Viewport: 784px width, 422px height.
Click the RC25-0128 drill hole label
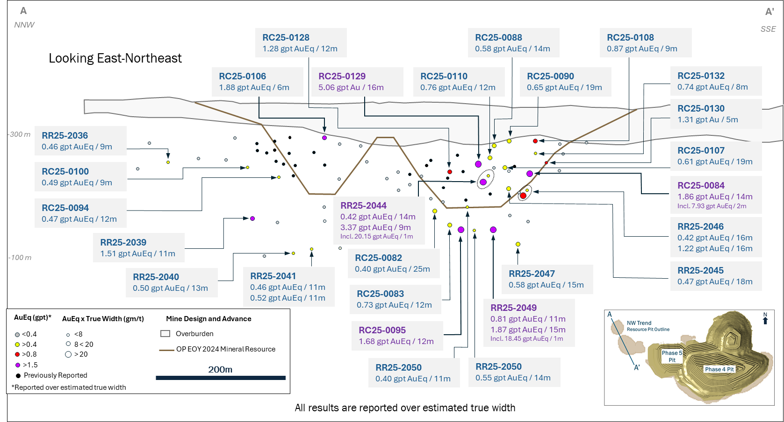click(286, 38)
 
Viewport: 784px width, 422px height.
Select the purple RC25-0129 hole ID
click(342, 77)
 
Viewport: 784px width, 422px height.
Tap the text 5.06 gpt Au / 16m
click(351, 88)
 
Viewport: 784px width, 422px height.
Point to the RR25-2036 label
click(65, 136)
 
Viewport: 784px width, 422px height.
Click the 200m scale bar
click(220, 378)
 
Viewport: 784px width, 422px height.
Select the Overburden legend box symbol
click(165, 334)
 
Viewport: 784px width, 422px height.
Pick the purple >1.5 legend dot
click(18, 365)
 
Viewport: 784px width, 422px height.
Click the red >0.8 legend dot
click(18, 355)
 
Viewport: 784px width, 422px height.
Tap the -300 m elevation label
click(20, 134)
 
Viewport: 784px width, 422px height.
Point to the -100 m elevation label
click(20, 258)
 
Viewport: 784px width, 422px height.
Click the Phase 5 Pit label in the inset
click(672, 356)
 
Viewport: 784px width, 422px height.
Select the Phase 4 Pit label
click(719, 369)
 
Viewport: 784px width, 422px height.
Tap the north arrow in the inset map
click(765, 319)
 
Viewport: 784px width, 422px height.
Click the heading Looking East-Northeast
click(115, 58)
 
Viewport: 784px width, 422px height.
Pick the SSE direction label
click(768, 29)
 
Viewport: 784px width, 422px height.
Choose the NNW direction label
click(24, 25)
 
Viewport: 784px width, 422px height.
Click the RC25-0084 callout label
click(701, 186)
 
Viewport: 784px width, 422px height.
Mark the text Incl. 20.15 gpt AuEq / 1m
click(376, 237)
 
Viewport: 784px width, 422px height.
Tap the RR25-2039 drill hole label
click(123, 243)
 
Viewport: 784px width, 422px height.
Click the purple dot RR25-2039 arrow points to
click(252, 218)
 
